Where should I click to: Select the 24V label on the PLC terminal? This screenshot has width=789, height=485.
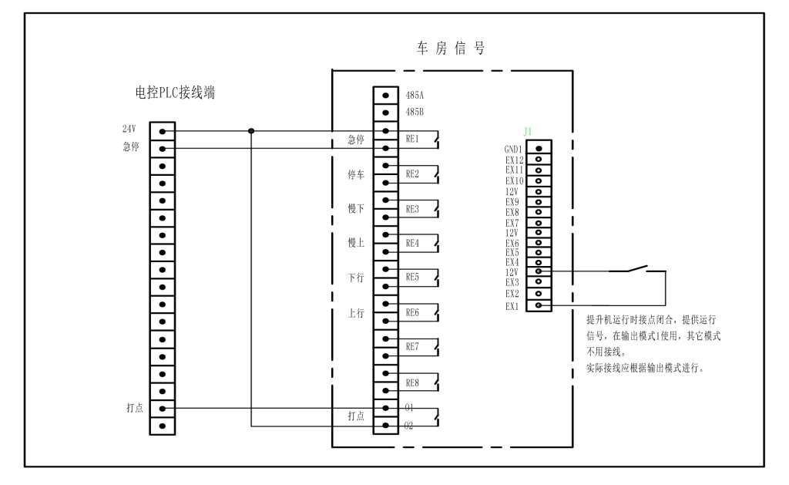[x=128, y=129]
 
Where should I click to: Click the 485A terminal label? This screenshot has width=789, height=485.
[x=415, y=96]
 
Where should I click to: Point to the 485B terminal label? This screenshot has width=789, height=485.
[x=415, y=112]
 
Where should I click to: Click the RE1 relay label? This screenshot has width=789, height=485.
[x=412, y=140]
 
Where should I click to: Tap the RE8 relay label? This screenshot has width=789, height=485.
[x=412, y=382]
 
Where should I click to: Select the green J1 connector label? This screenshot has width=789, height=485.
[x=528, y=132]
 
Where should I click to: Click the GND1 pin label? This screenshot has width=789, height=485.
[x=514, y=149]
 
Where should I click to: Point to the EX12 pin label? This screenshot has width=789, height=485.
[x=515, y=160]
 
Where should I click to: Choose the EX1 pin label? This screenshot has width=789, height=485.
[x=512, y=306]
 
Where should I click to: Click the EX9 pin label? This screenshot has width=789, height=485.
[x=512, y=202]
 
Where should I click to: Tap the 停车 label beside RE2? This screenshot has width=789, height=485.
[x=356, y=175]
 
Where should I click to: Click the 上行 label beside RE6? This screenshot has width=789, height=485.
[x=356, y=313]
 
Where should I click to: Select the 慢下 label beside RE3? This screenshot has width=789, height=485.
[x=356, y=209]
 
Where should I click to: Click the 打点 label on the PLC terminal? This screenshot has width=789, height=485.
[x=135, y=407]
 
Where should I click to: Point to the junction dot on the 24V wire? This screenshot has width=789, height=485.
[x=251, y=130]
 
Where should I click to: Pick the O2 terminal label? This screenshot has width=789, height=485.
[x=409, y=425]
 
